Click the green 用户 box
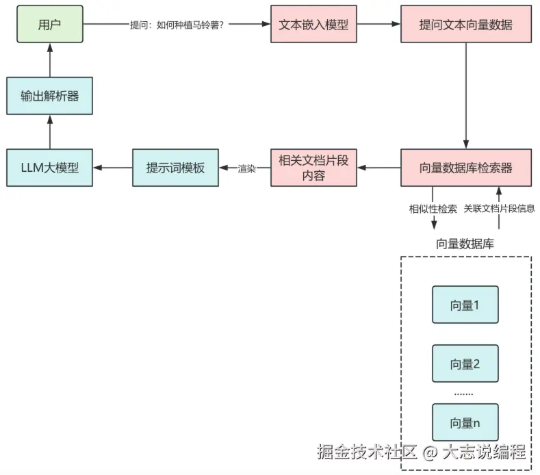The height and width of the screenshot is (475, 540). [x=49, y=24]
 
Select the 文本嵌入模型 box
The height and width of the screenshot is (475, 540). [x=313, y=24]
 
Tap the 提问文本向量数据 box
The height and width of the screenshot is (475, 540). [x=465, y=24]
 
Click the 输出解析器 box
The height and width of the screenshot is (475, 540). [x=49, y=95]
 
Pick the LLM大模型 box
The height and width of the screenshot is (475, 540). [x=49, y=167]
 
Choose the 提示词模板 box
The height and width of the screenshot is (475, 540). [x=175, y=167]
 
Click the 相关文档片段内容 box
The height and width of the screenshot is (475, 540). [x=313, y=167]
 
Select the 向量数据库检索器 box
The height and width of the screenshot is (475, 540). [x=465, y=167]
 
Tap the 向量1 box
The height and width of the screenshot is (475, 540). [x=465, y=305]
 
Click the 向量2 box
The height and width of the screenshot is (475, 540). [x=465, y=363]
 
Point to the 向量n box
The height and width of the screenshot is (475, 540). [x=465, y=422]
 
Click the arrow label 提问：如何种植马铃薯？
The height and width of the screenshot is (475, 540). [x=177, y=25]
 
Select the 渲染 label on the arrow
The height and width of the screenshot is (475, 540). [x=246, y=168]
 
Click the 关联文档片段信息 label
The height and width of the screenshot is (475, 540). [x=499, y=209]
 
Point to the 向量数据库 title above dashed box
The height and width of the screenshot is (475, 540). [x=465, y=244]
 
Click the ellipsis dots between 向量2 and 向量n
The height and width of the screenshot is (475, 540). [x=464, y=394]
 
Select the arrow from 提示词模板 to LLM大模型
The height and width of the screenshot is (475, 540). [x=112, y=167]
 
